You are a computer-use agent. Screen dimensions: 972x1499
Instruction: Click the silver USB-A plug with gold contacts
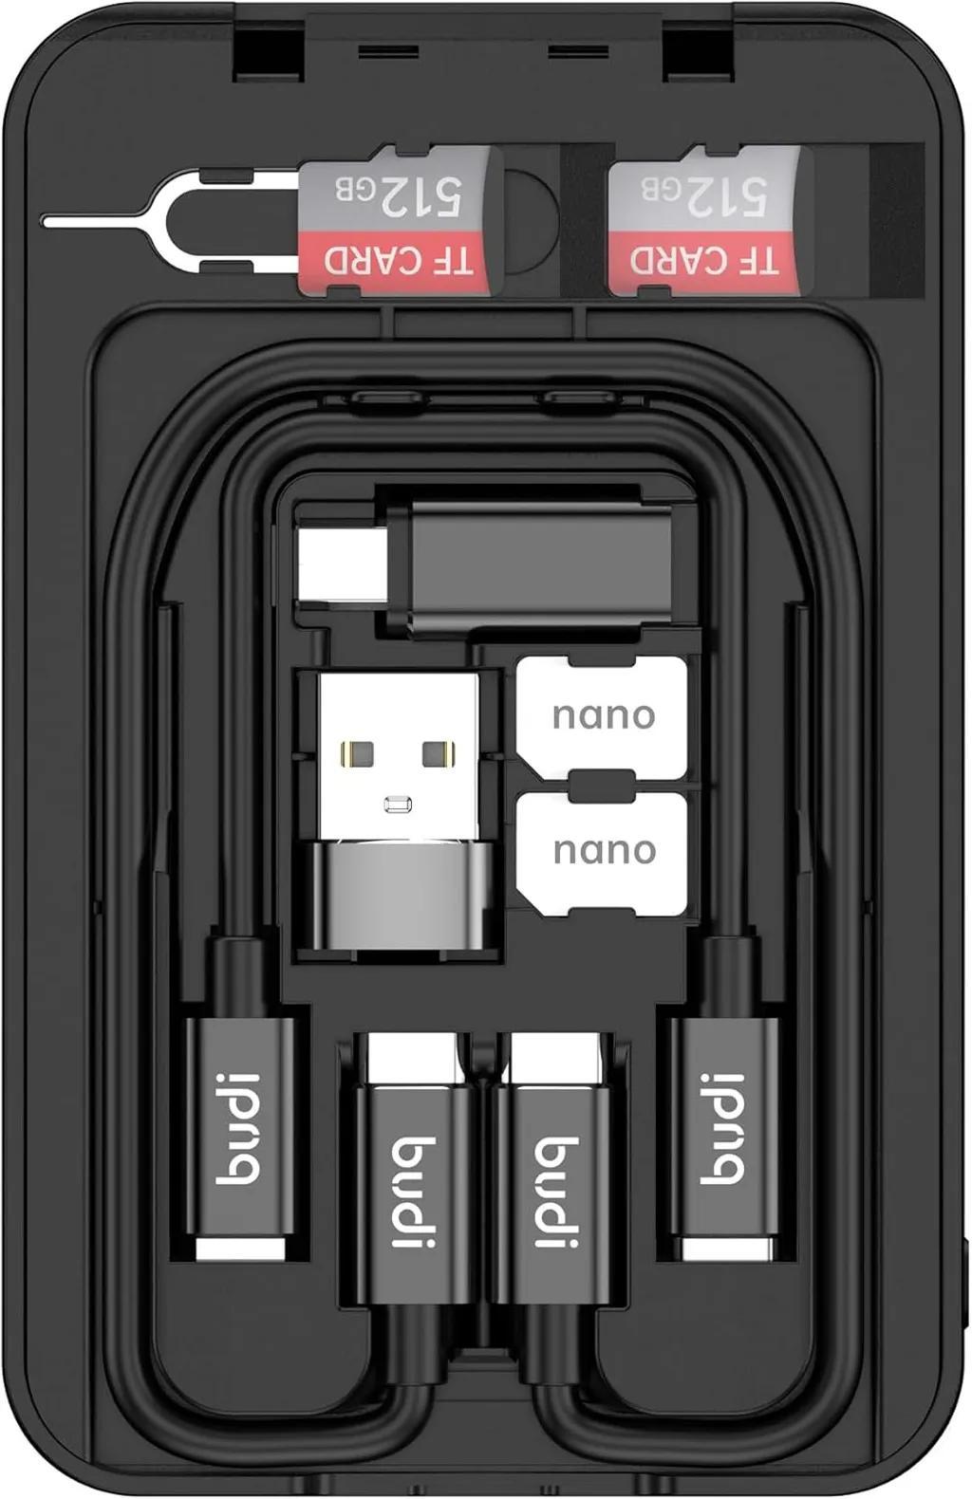pyautogui.click(x=399, y=756)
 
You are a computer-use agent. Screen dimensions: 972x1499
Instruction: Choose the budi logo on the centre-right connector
pyautogui.click(x=557, y=1192)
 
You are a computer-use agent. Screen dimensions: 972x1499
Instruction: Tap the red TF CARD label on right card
pyautogui.click(x=704, y=262)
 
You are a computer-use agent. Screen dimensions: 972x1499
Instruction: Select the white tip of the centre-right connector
pyautogui.click(x=557, y=1056)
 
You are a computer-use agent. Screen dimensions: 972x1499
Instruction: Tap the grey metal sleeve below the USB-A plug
pyautogui.click(x=399, y=896)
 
